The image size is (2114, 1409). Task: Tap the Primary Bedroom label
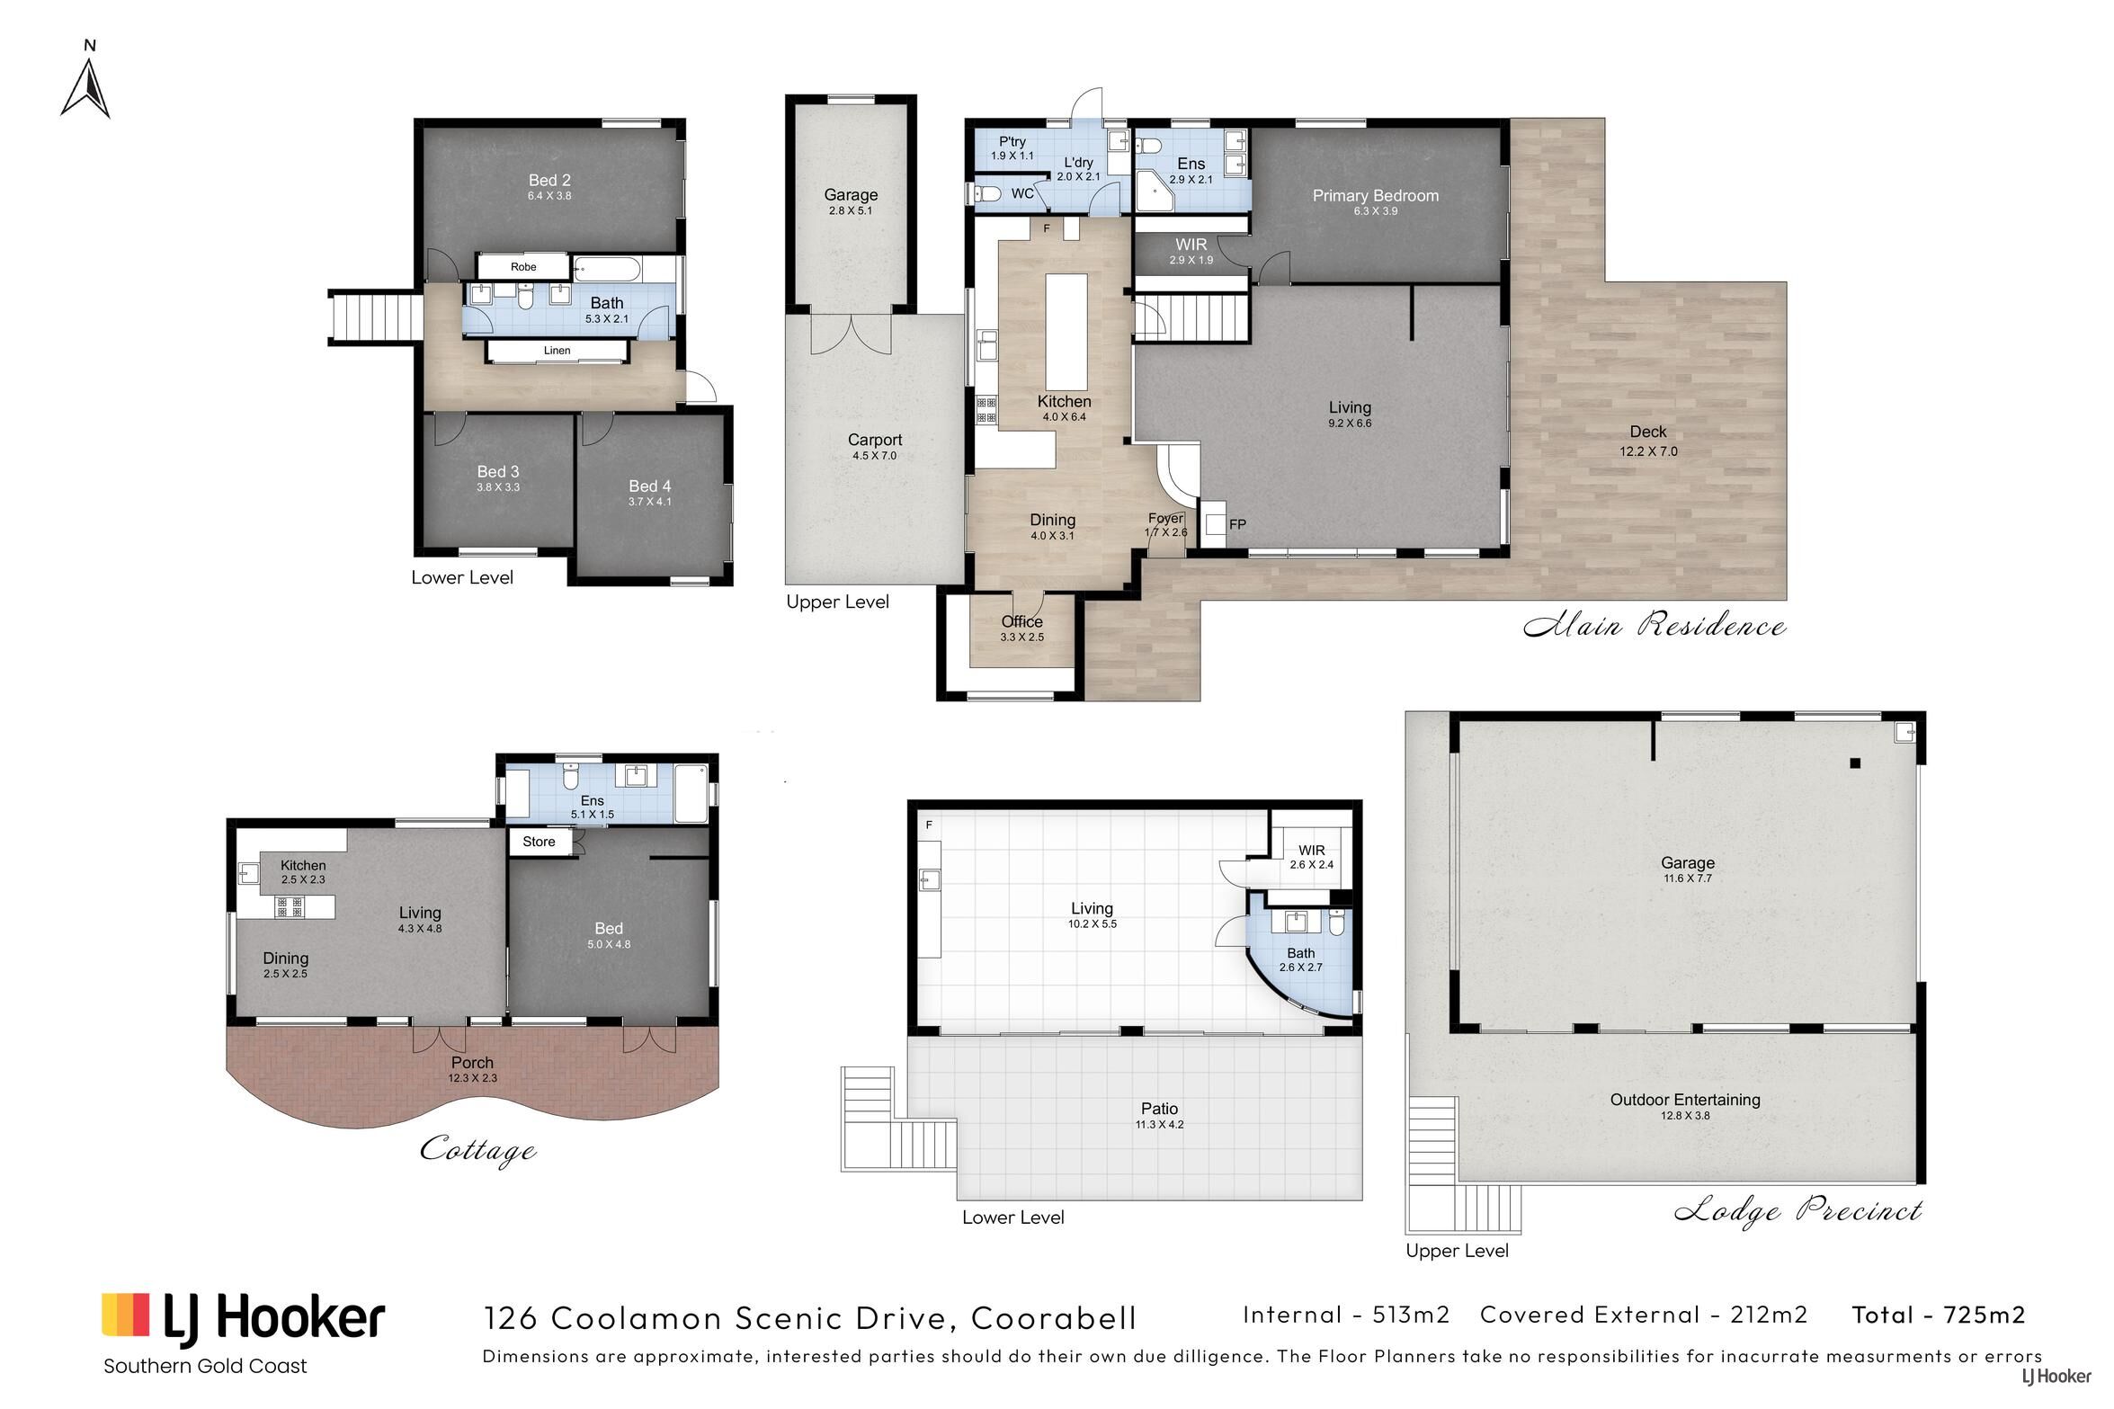click(1375, 195)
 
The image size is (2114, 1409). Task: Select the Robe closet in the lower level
click(523, 266)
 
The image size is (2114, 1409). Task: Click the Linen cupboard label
click(557, 351)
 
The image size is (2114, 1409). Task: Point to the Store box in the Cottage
click(540, 842)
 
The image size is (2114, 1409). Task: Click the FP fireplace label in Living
click(1237, 524)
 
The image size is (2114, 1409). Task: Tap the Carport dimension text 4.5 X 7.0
click(875, 456)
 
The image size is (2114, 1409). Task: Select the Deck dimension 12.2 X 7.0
click(1648, 451)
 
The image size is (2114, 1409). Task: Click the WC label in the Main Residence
click(1022, 193)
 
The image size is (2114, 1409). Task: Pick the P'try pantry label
click(1012, 141)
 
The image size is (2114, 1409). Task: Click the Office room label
click(1022, 621)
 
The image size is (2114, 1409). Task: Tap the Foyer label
click(1165, 518)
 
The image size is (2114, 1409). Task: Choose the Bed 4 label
click(650, 486)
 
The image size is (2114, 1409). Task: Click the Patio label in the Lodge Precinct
click(1159, 1109)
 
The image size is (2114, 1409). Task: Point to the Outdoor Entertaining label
click(1685, 1099)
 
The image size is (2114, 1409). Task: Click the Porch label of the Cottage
click(472, 1063)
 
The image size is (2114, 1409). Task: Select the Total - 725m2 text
click(1939, 1315)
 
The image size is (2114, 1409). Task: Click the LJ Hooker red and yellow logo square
click(125, 1315)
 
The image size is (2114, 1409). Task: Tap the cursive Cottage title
click(478, 1150)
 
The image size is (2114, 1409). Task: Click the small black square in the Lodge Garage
click(1854, 763)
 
